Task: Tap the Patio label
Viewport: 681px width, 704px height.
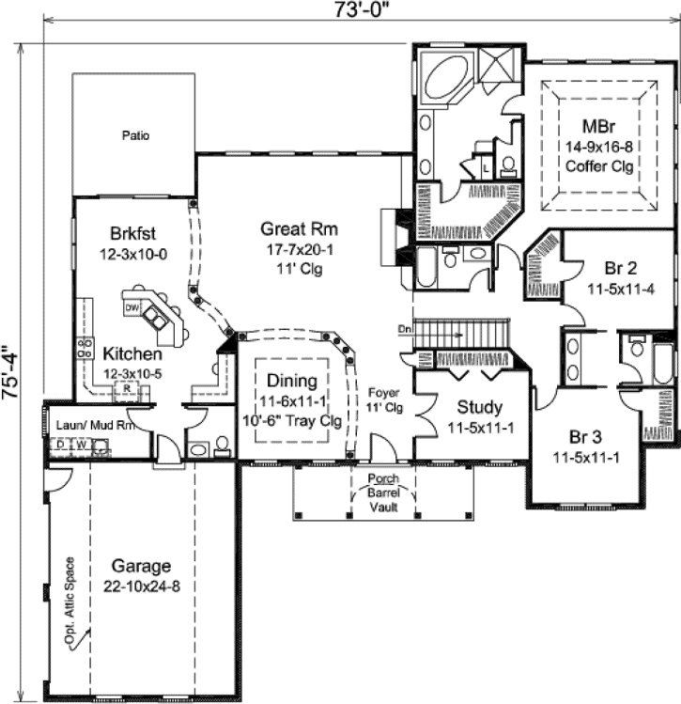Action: tap(135, 135)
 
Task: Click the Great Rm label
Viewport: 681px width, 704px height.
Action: tap(299, 228)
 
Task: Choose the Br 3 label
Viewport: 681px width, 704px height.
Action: tap(592, 437)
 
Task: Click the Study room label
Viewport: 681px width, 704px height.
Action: tap(480, 408)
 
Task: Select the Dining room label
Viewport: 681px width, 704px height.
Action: tap(290, 382)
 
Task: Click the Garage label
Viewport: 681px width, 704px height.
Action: tap(142, 566)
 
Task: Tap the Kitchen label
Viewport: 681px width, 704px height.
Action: tap(132, 355)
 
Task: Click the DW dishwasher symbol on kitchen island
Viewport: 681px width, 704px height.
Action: tap(132, 306)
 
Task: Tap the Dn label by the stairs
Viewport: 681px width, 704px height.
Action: tap(404, 329)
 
